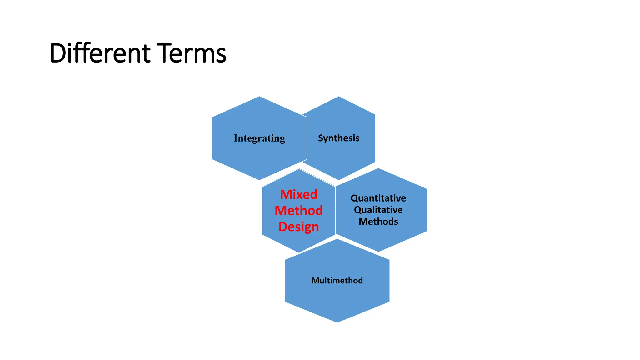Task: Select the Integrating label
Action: (259, 138)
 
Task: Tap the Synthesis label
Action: (338, 138)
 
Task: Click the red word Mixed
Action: (298, 194)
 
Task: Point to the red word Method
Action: (298, 211)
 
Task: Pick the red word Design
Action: (298, 227)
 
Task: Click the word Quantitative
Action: (378, 198)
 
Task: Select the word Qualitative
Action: (378, 210)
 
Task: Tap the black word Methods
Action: (378, 222)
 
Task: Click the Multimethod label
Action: (337, 281)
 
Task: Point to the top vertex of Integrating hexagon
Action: (259, 97)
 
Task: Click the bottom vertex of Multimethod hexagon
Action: (337, 322)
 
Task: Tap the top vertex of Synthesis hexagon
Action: (339, 97)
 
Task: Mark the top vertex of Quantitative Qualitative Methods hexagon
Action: (378, 168)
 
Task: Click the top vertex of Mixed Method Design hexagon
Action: (299, 169)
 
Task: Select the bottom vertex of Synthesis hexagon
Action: (339, 180)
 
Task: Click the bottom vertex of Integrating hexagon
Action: (259, 180)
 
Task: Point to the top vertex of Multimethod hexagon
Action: (337, 239)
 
